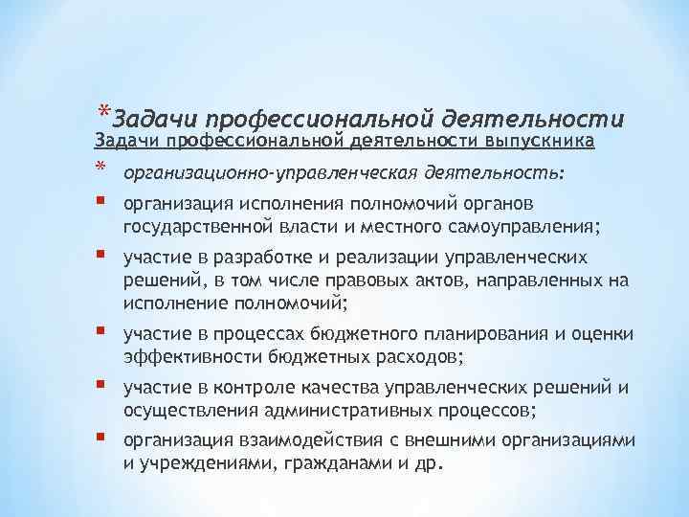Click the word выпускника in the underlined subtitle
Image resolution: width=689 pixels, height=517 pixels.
click(541, 142)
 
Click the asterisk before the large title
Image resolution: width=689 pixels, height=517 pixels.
click(102, 108)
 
